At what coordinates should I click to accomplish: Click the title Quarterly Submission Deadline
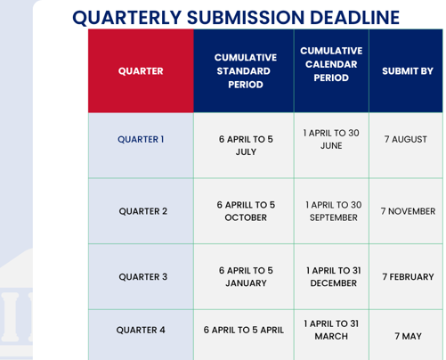point(235,18)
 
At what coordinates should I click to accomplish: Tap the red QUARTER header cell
point(141,71)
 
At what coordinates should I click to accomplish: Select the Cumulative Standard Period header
point(246,71)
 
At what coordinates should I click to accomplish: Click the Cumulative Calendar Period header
point(331,64)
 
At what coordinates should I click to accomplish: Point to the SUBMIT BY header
point(407,71)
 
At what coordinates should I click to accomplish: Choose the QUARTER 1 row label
point(141,139)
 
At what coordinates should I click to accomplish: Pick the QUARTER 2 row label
point(142,211)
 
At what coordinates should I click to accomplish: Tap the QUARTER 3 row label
point(142,277)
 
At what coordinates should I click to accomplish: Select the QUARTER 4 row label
point(141,330)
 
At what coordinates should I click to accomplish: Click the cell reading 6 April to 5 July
point(246,145)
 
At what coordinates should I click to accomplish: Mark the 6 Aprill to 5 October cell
point(246,211)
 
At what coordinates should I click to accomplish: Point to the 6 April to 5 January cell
point(246,276)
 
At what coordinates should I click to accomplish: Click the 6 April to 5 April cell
point(244,330)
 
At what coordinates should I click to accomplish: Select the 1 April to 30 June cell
point(331,139)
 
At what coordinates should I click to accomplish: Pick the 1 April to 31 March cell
point(331,330)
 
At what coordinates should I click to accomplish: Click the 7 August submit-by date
point(406,140)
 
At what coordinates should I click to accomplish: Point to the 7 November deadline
point(408,212)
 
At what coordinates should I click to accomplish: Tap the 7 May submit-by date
point(408,337)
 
